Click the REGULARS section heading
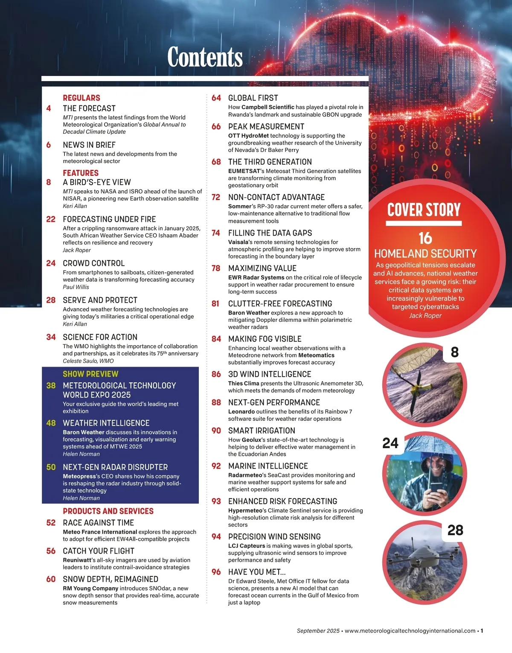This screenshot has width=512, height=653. point(81,98)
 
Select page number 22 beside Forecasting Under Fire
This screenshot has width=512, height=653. point(51,219)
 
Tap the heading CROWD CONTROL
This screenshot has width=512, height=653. point(94,263)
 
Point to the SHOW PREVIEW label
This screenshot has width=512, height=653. point(90,374)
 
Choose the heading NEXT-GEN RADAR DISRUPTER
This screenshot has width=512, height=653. point(115,467)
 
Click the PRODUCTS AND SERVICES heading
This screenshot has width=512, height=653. point(108,511)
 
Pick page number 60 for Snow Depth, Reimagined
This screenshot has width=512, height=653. point(51,579)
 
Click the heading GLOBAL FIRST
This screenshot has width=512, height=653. point(253,98)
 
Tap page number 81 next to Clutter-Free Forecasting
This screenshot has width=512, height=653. point(215,304)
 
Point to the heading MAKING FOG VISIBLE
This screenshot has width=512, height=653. point(265,339)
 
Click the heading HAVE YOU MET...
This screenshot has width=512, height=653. point(257,572)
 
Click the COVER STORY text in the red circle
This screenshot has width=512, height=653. point(424,210)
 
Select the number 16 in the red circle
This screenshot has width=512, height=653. point(425,238)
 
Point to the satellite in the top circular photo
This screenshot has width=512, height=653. point(416,389)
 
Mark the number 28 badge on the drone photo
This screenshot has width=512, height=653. point(455,530)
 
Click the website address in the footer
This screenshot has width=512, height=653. point(410,631)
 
